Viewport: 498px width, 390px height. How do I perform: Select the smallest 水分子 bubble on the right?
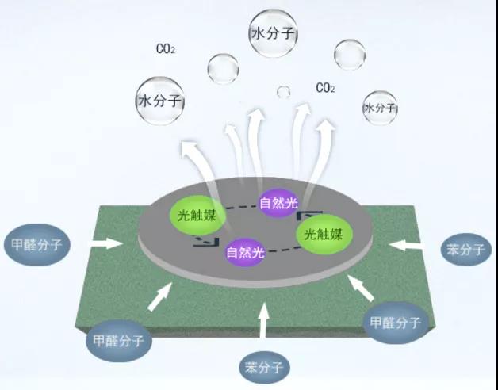point(380,107)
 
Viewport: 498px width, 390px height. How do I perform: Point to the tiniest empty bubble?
point(283,92)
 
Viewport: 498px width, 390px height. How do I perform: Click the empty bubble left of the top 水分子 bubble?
point(223,69)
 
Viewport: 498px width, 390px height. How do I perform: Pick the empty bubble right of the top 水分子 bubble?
point(349,54)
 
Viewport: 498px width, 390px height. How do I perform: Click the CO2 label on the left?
point(166,49)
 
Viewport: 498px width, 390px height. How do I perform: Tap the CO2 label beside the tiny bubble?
point(325,87)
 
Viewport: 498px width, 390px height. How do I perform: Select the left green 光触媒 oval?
point(193,214)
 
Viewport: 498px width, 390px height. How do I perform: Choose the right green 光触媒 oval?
point(324,234)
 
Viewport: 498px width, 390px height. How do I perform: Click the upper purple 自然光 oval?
point(280,202)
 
